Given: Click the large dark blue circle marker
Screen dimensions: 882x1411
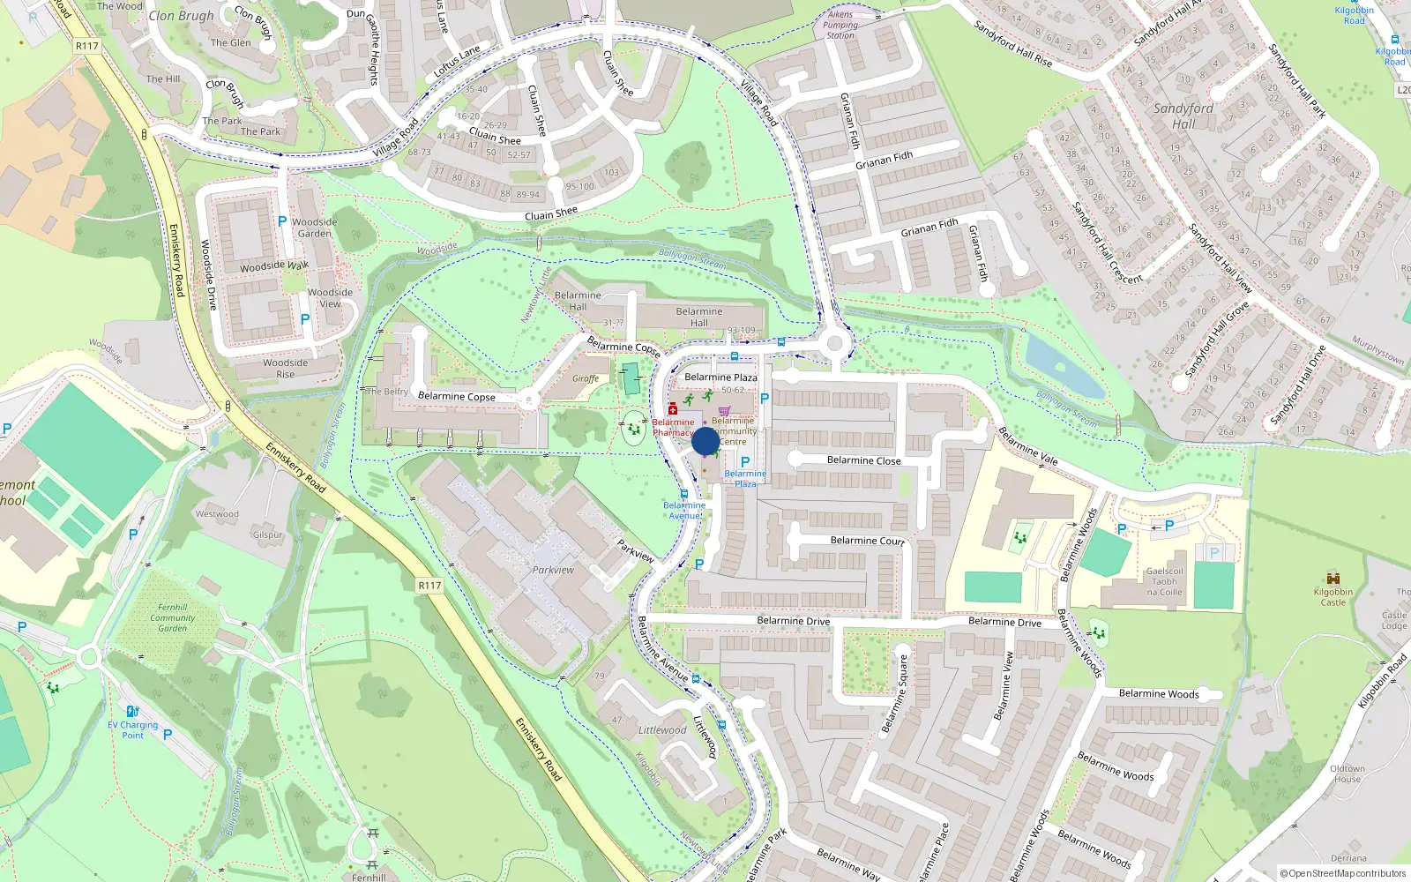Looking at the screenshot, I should point(705,441).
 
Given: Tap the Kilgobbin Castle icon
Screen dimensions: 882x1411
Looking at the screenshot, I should point(1333,578).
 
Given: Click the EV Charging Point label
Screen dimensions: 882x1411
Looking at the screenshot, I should point(133,729).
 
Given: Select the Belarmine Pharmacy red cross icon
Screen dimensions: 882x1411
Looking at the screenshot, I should point(673,409).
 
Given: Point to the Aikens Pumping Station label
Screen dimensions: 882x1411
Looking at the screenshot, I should point(840,25).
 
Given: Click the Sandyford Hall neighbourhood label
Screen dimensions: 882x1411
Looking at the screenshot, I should point(1183,116).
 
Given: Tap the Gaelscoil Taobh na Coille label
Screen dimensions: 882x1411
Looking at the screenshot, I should point(1164,581).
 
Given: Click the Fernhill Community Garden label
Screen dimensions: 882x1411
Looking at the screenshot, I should point(172,617).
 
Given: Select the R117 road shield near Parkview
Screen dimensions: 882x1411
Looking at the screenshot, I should point(429,585).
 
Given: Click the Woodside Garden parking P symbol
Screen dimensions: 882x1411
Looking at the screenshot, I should point(282,221).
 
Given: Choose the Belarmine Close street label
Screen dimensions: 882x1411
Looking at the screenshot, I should point(863,460).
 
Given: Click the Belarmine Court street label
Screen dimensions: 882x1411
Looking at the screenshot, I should point(867,541).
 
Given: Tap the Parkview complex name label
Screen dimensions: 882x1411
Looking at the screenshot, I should point(553,570).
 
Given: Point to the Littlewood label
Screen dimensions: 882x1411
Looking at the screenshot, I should point(661,730).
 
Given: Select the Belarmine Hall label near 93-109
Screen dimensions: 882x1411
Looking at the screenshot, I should point(698,317).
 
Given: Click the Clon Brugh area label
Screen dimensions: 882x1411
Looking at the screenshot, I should point(181,15).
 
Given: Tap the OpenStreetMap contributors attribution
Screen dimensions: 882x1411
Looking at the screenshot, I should point(1342,873).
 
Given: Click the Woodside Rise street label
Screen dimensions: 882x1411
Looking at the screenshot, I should point(285,368).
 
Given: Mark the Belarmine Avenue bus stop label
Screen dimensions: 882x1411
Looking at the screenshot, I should point(683,510).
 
